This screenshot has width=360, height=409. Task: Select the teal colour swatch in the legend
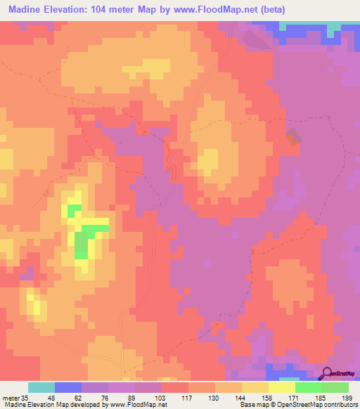pos(41,387)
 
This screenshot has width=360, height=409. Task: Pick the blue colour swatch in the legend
pos(68,387)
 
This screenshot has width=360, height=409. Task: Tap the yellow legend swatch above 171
pos(282,387)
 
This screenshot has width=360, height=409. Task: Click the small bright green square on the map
pos(73,209)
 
